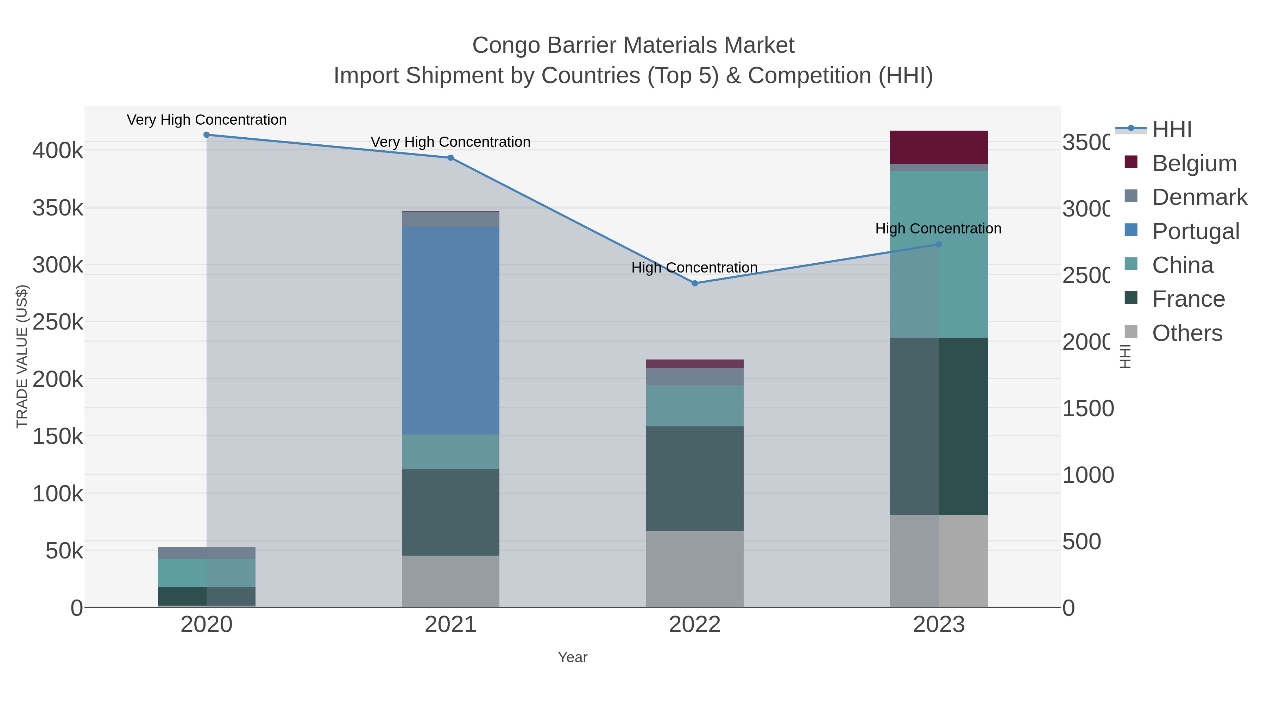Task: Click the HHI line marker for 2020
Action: (207, 135)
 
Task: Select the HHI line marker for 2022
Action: (694, 283)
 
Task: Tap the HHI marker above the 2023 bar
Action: (938, 245)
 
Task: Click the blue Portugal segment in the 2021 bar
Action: (450, 330)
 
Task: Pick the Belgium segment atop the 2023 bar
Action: (938, 147)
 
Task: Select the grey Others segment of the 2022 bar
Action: (694, 569)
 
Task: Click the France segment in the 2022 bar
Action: (694, 478)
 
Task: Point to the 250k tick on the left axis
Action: (58, 322)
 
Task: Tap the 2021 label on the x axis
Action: (450, 625)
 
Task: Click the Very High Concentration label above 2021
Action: (450, 142)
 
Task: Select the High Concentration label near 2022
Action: (694, 268)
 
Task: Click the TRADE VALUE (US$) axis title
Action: (22, 356)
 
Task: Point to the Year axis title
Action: (573, 657)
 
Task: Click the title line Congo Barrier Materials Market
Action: (633, 46)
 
